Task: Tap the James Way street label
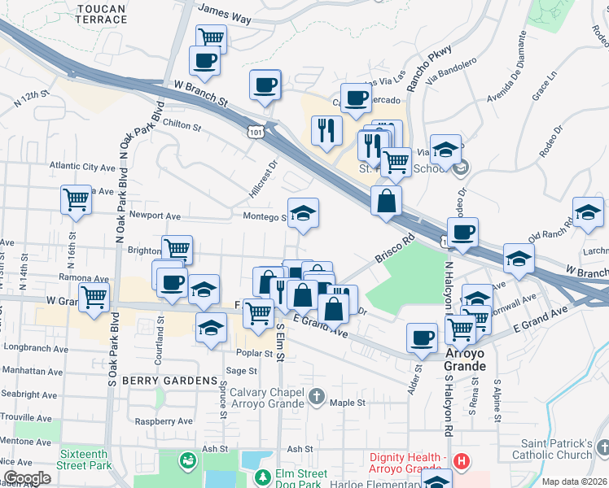(225, 13)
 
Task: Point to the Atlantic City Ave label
(82, 167)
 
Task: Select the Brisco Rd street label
(396, 249)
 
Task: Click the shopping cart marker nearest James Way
(211, 37)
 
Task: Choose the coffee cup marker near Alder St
(422, 337)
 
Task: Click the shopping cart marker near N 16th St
(76, 198)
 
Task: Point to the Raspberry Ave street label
(164, 421)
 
